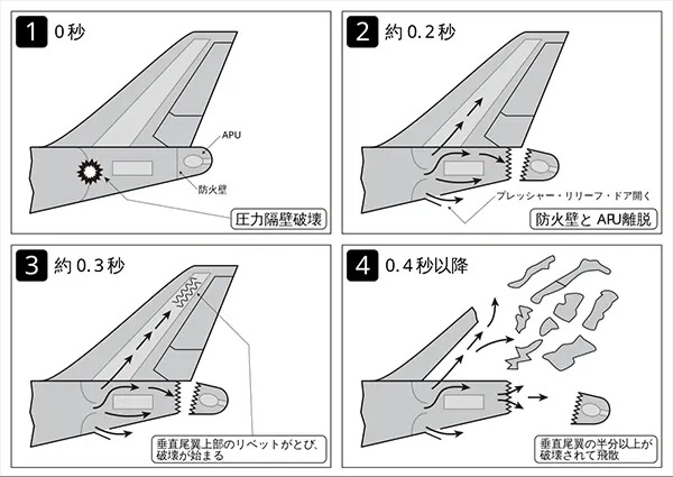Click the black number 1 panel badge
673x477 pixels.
[x=31, y=32]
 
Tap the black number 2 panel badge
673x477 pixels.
[x=362, y=32]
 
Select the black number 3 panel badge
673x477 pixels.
[x=31, y=265]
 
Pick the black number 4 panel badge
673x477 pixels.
[x=362, y=265]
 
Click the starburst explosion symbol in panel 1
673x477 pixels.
[x=90, y=171]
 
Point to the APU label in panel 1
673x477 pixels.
[x=231, y=135]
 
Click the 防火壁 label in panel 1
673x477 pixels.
[x=213, y=190]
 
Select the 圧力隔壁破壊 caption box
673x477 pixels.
[x=278, y=219]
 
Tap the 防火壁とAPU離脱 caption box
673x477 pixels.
[x=593, y=220]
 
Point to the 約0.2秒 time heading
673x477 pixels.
[x=420, y=32]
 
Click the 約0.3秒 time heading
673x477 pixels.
[x=89, y=266]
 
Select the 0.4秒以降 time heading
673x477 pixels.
[x=426, y=266]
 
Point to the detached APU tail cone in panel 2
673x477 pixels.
[x=539, y=165]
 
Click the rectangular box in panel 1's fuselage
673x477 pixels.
[x=132, y=168]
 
